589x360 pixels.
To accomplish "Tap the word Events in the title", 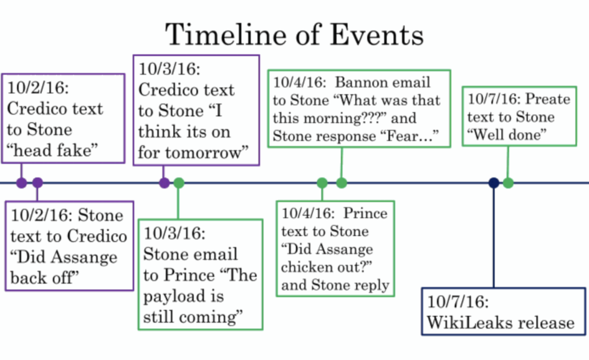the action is pos(377,34).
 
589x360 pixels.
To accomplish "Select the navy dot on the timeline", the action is pos(494,183).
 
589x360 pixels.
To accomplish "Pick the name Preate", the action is pos(548,99).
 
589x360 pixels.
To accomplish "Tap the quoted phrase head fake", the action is pos(53,150).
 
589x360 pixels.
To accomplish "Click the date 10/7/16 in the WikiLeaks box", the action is pos(458,302).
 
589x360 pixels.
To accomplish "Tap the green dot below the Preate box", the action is pos(508,183).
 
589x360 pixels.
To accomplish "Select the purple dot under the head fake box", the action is pos(21,183).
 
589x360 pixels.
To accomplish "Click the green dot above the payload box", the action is pos(179,183).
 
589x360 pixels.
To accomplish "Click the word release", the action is pos(552,322).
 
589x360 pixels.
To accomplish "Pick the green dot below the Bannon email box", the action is pos(341,183).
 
